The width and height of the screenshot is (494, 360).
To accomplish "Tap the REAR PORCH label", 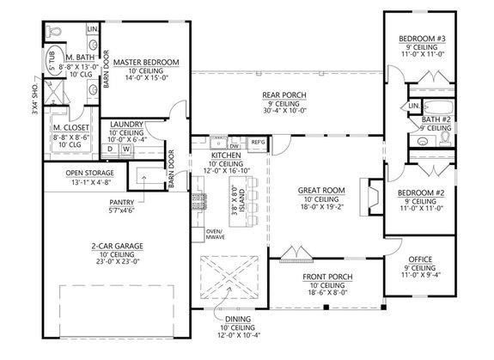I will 283,95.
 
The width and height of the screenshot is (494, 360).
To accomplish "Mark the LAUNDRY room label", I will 125,125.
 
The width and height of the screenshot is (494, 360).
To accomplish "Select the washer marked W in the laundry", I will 126,149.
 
